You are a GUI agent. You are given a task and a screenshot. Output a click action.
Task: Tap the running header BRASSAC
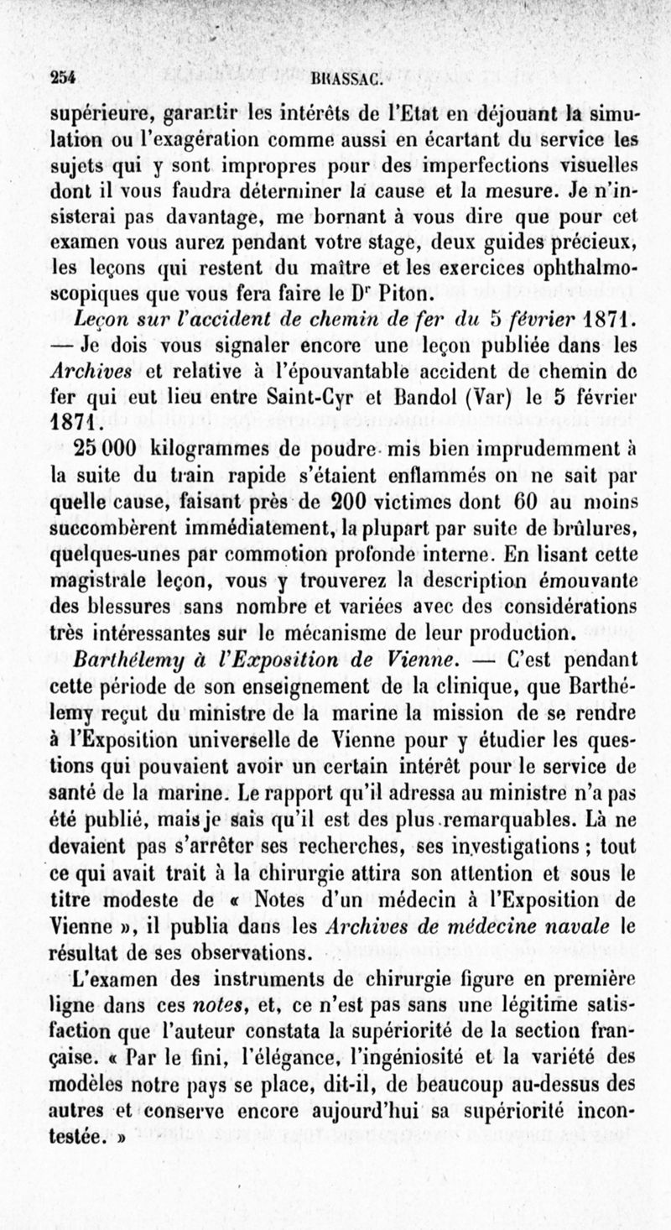point(347,81)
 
